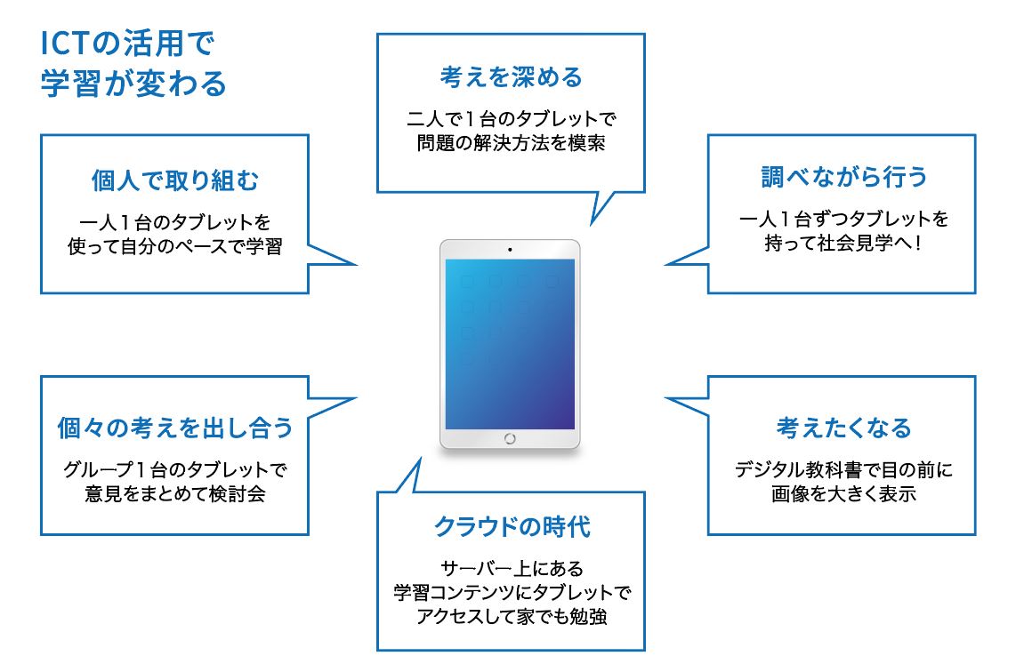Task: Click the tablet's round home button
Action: (x=510, y=438)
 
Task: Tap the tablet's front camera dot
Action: (x=510, y=250)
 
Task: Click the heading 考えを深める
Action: (x=512, y=77)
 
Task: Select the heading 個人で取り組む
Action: (x=175, y=180)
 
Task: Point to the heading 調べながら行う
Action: (x=843, y=177)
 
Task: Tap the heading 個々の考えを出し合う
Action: (x=175, y=428)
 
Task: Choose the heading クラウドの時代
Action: (x=512, y=527)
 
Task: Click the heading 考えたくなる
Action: (x=843, y=428)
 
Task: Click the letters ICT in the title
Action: (x=64, y=44)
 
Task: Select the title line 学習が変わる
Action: (x=133, y=84)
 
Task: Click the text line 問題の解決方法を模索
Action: (x=512, y=143)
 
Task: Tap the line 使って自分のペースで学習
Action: (x=175, y=246)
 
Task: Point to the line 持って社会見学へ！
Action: (x=843, y=243)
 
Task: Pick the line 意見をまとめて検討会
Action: (x=175, y=493)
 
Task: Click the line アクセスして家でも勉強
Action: (x=512, y=616)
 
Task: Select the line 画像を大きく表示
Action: (x=843, y=493)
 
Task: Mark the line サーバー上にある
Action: (x=512, y=568)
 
